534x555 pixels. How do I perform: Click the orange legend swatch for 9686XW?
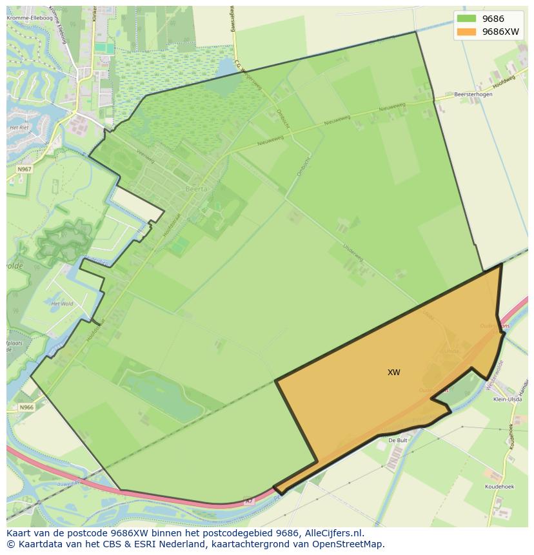(466, 32)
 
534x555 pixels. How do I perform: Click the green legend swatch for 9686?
(466, 19)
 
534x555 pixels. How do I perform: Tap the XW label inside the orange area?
(393, 373)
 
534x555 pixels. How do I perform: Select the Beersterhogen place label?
(473, 94)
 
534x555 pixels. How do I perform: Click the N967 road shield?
(25, 169)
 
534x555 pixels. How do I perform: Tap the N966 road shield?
(26, 407)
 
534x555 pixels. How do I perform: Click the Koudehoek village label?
(499, 487)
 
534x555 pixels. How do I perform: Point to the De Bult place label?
(397, 440)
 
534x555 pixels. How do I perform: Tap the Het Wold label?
(62, 303)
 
